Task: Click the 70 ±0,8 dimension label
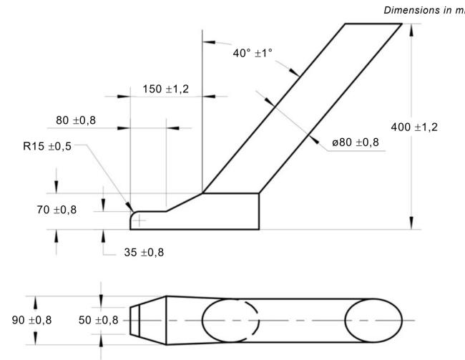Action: coord(75,210)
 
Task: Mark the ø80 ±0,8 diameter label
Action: coord(356,142)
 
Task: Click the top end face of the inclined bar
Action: coord(373,24)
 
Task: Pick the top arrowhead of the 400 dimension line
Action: coord(411,29)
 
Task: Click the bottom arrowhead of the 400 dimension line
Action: coord(411,224)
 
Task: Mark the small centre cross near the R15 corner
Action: coord(140,220)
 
